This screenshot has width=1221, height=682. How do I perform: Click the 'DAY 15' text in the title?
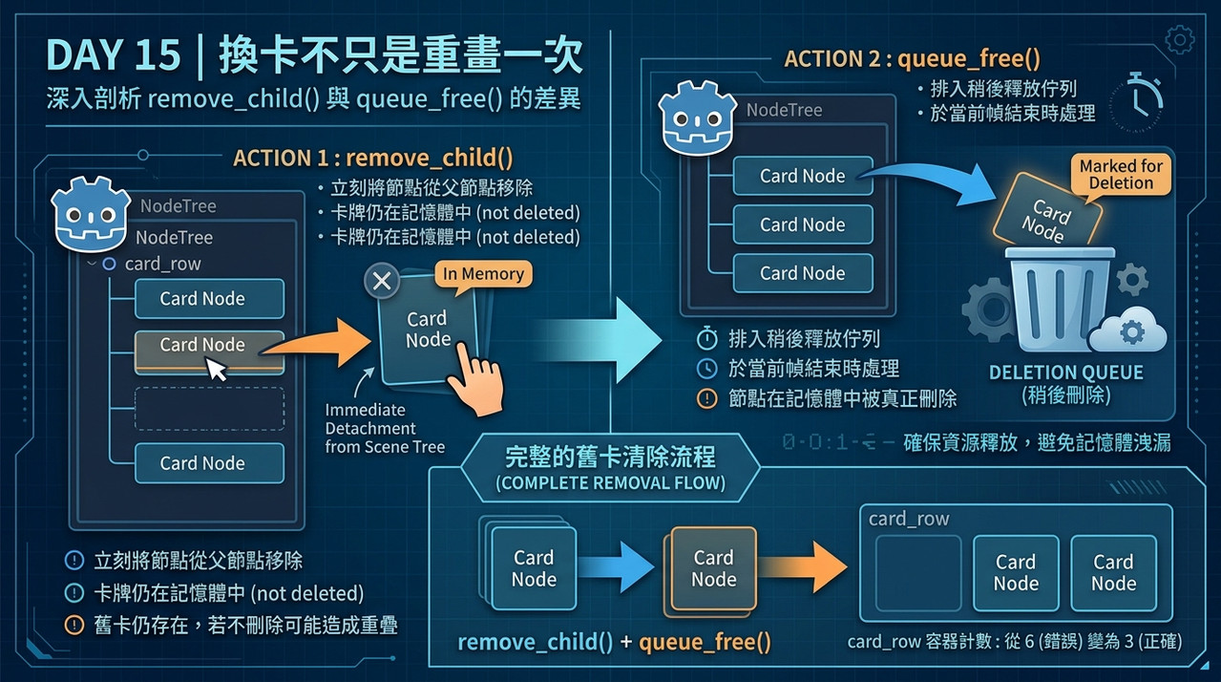click(114, 54)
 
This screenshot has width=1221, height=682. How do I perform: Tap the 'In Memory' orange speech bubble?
click(483, 274)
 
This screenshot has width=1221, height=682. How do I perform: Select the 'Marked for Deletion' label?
click(1121, 175)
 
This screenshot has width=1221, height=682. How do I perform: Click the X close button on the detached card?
click(382, 281)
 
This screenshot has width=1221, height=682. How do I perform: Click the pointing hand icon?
click(475, 379)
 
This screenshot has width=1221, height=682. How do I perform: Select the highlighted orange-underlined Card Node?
click(209, 352)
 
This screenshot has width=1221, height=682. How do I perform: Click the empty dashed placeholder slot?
click(209, 409)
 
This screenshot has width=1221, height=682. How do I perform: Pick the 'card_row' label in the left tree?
click(162, 264)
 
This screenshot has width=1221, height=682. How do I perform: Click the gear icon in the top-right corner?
click(1180, 40)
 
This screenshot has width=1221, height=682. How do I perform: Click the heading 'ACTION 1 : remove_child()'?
click(373, 158)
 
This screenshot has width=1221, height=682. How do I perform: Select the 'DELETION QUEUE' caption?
click(1066, 373)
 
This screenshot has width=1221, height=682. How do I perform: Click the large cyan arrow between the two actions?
click(600, 340)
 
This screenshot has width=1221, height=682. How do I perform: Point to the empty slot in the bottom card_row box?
click(918, 573)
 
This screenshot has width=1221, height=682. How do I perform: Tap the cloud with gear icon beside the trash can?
click(1127, 330)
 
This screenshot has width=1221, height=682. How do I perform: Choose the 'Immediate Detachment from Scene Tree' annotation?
click(385, 428)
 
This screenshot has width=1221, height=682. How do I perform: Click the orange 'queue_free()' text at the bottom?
click(705, 642)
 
